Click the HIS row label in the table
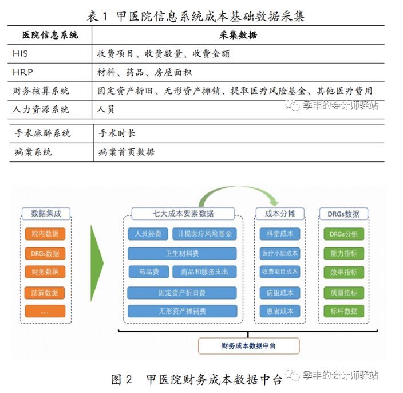pos(20,53)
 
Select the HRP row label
pos(23,72)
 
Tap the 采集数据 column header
pos(238,35)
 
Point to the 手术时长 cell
pos(117,133)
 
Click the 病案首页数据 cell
pos(127,152)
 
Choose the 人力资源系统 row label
pos(41,109)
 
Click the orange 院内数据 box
pos(45,234)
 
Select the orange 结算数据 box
pos(45,293)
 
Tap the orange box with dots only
pos(45,311)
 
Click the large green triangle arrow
pos(96,263)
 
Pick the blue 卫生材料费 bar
pos(182,254)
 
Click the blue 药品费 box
pos(149,272)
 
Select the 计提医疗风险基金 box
pos(204,234)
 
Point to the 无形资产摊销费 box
pos(183,311)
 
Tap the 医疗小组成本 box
pos(280,254)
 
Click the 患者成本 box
pos(280,311)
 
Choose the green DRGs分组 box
pos(344,234)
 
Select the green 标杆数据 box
pos(344,311)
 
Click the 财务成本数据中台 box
pos(249,346)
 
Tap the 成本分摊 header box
pos(280,214)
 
